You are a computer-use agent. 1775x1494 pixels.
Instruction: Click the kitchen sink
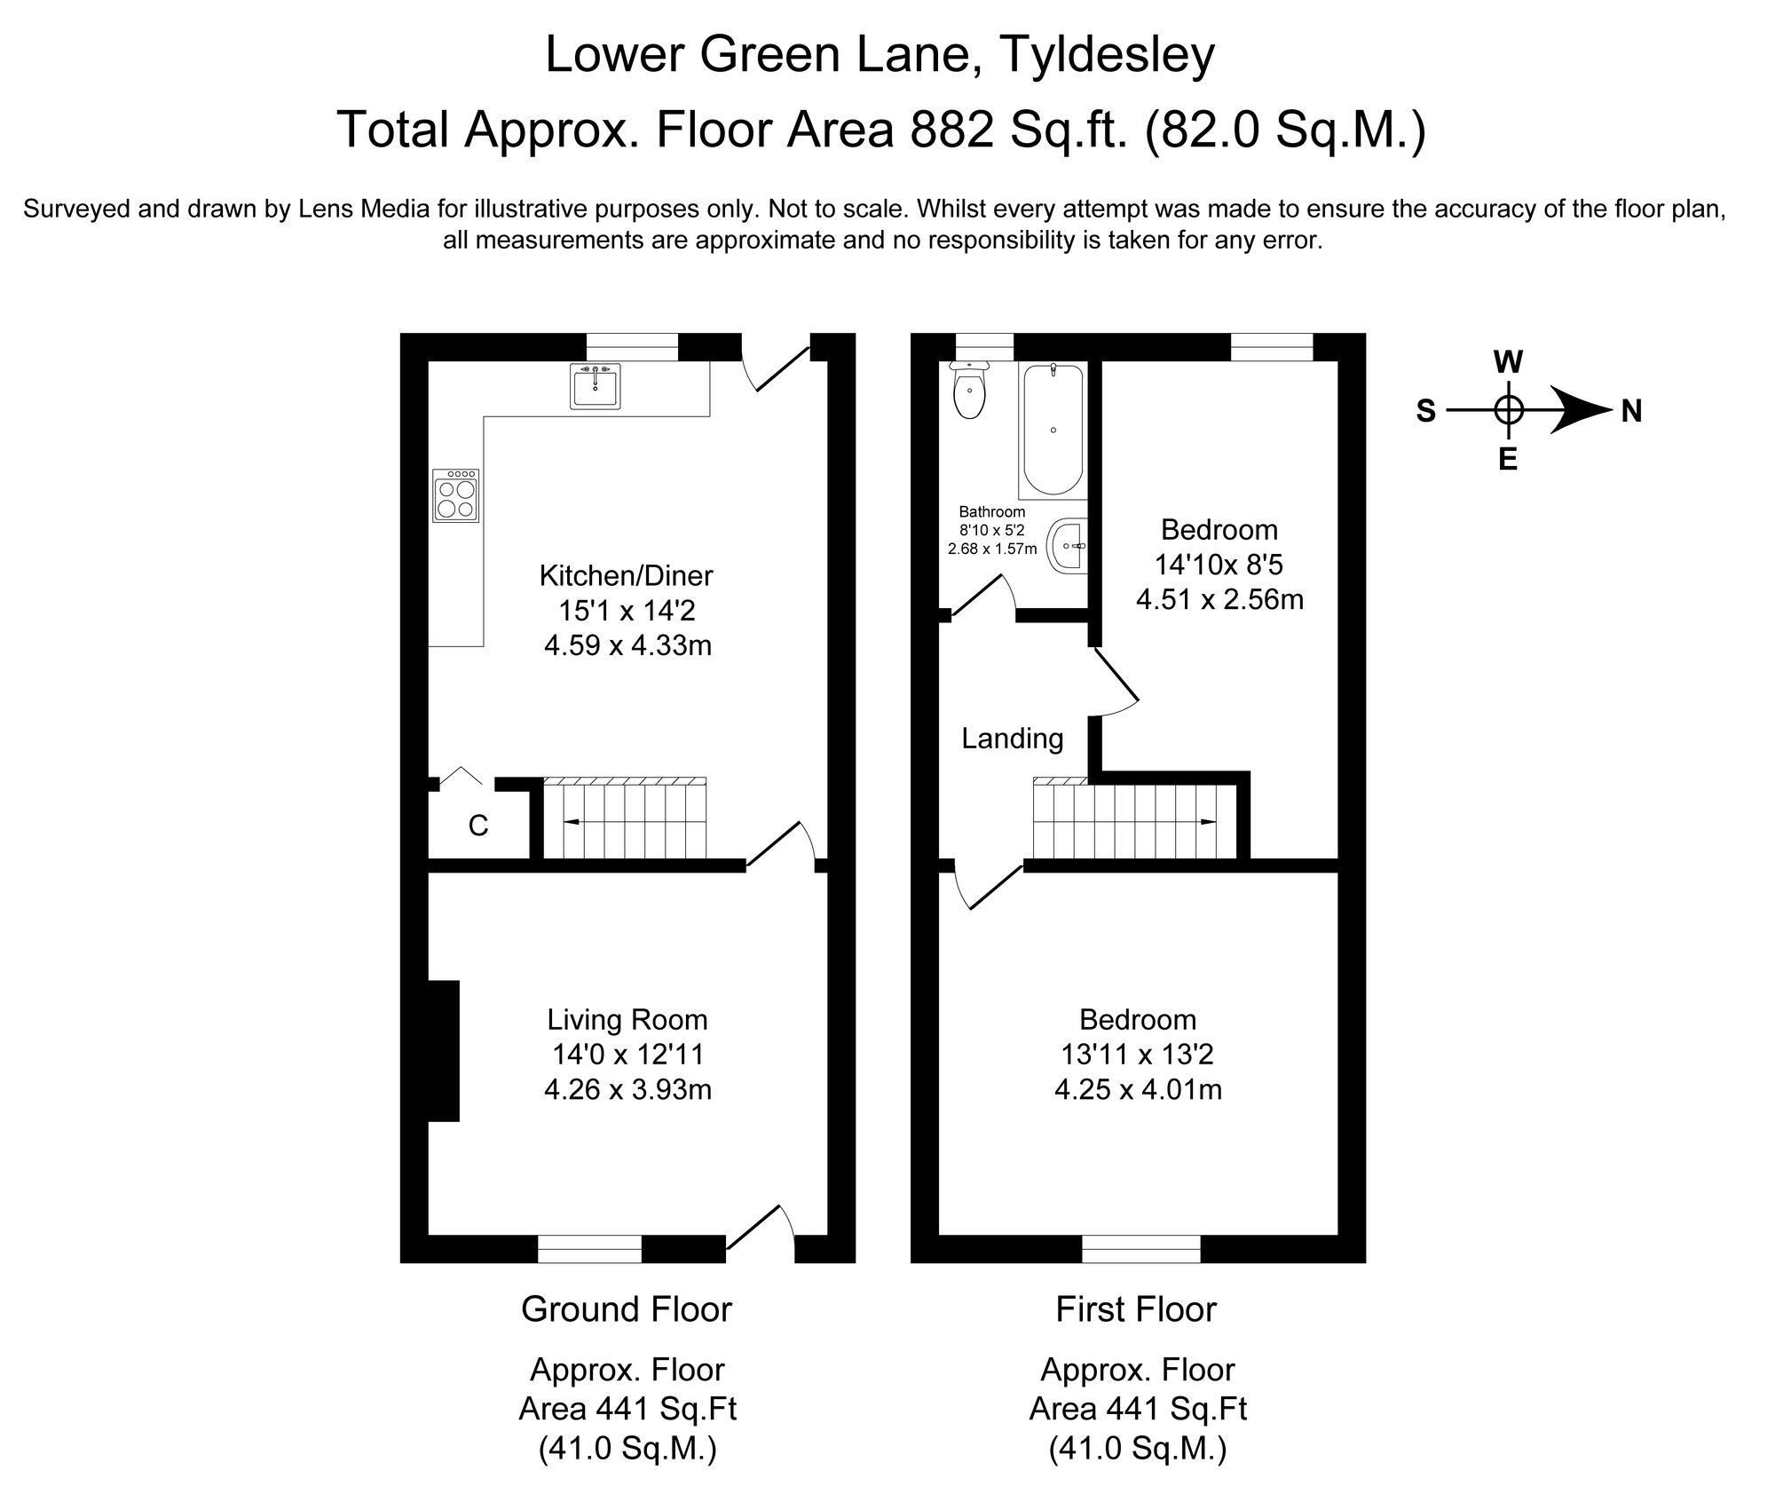(x=595, y=385)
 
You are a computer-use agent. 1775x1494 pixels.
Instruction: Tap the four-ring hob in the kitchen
(x=456, y=495)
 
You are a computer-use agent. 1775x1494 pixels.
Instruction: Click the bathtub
(x=1053, y=430)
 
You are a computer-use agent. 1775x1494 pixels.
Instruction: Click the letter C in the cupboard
(x=478, y=826)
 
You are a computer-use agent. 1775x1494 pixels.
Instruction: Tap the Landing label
(x=1013, y=739)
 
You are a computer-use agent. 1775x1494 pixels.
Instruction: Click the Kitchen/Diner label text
(x=626, y=576)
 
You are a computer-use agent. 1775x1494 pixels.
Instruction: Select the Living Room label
(x=627, y=1020)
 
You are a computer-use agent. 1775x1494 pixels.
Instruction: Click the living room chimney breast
(x=443, y=1051)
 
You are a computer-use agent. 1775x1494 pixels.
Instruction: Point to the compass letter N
(x=1631, y=411)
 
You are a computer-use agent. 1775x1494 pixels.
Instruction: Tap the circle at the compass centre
(x=1509, y=410)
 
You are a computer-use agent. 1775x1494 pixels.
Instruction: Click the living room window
(x=589, y=1248)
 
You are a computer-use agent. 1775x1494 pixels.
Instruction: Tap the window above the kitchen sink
(x=632, y=347)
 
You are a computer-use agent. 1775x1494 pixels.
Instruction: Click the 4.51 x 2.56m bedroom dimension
(x=1219, y=600)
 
